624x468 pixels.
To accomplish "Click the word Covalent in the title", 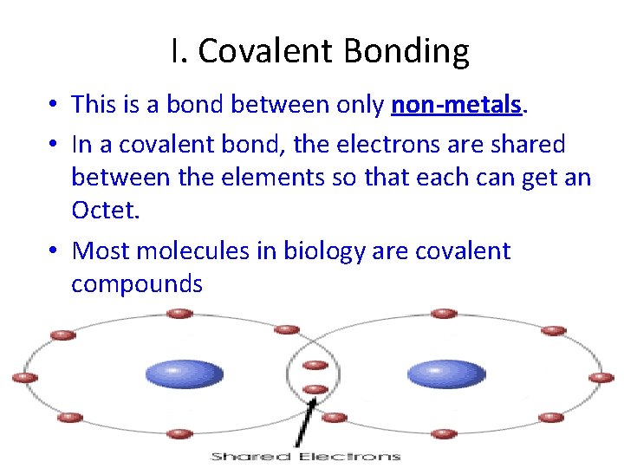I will point(266,52).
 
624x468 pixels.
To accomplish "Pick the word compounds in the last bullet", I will point(137,284).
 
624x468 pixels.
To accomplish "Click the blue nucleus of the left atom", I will point(184,374).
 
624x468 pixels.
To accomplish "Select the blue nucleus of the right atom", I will point(446,374).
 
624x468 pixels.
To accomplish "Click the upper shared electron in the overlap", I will point(315,365).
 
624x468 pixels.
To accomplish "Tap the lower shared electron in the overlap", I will point(315,389).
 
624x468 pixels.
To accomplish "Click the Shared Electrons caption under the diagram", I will point(306,456).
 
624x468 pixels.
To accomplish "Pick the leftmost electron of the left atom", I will point(24,378).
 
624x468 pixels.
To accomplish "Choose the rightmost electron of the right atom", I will point(601,378).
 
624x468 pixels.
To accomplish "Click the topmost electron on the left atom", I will point(179,314).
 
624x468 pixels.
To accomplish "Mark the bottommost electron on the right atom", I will point(443,433).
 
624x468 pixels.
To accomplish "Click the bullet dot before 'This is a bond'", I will point(54,106).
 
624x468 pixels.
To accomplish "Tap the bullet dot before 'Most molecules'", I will point(54,252).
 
